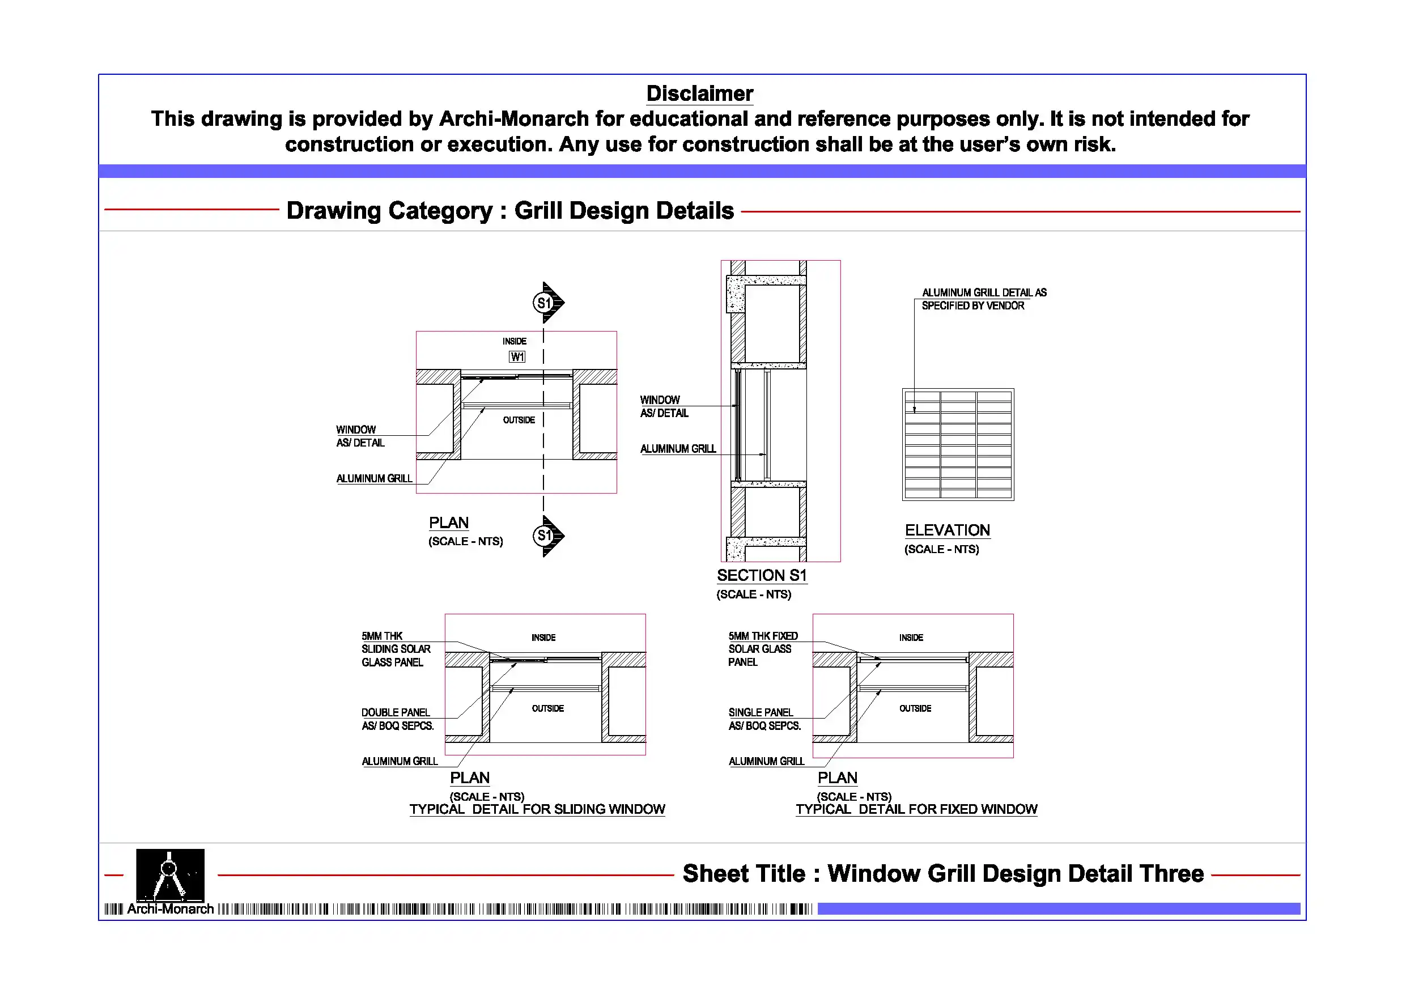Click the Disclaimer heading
699,94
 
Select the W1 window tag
517,357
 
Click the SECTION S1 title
762,576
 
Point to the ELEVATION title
948,530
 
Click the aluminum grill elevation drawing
958,445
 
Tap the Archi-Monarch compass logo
169,875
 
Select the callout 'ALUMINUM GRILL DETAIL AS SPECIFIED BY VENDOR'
983,299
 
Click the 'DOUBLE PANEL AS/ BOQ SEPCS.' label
397,719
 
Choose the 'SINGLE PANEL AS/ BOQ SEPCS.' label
764,719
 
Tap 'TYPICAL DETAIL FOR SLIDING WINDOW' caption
537,810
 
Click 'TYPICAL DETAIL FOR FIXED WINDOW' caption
916,810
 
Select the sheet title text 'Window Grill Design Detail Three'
1016,874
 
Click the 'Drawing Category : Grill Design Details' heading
509,211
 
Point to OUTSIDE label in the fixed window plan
915,708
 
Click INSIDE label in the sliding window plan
543,638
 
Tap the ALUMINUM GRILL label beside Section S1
678,449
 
